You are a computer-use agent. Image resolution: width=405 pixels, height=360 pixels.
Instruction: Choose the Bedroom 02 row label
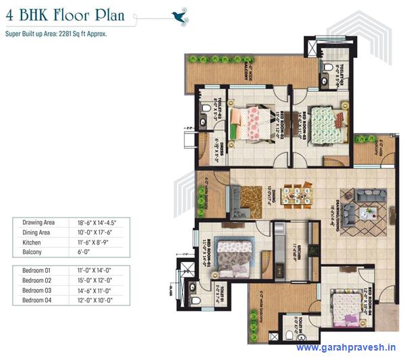[37, 280]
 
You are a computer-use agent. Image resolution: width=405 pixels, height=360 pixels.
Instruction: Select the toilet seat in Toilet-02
[204, 123]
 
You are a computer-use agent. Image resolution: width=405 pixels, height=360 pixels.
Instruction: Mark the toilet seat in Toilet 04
[290, 335]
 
